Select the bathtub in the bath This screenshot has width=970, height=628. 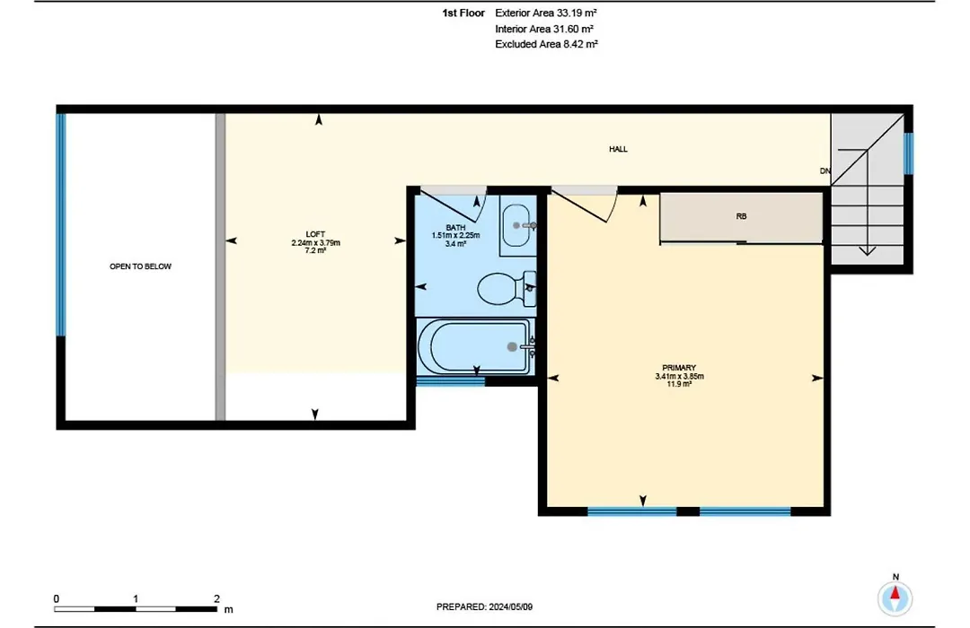474,346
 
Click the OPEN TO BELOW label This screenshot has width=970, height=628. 140,266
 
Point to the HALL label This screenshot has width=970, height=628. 618,149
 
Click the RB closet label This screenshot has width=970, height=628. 741,216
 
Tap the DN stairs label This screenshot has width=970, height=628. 825,170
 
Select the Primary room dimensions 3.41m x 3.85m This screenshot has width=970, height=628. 679,376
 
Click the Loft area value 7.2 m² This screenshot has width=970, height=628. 315,250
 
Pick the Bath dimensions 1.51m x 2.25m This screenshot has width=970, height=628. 455,235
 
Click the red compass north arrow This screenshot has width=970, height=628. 895,594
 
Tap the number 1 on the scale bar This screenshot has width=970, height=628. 136,598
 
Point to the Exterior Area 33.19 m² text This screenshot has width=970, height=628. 546,13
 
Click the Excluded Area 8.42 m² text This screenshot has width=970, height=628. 546,44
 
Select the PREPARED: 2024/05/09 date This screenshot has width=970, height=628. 484,607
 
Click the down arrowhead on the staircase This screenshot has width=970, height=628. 868,251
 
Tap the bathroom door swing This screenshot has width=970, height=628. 454,205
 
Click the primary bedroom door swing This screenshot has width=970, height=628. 585,205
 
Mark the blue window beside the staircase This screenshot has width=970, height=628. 908,153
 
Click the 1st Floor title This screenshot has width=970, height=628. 463,13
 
